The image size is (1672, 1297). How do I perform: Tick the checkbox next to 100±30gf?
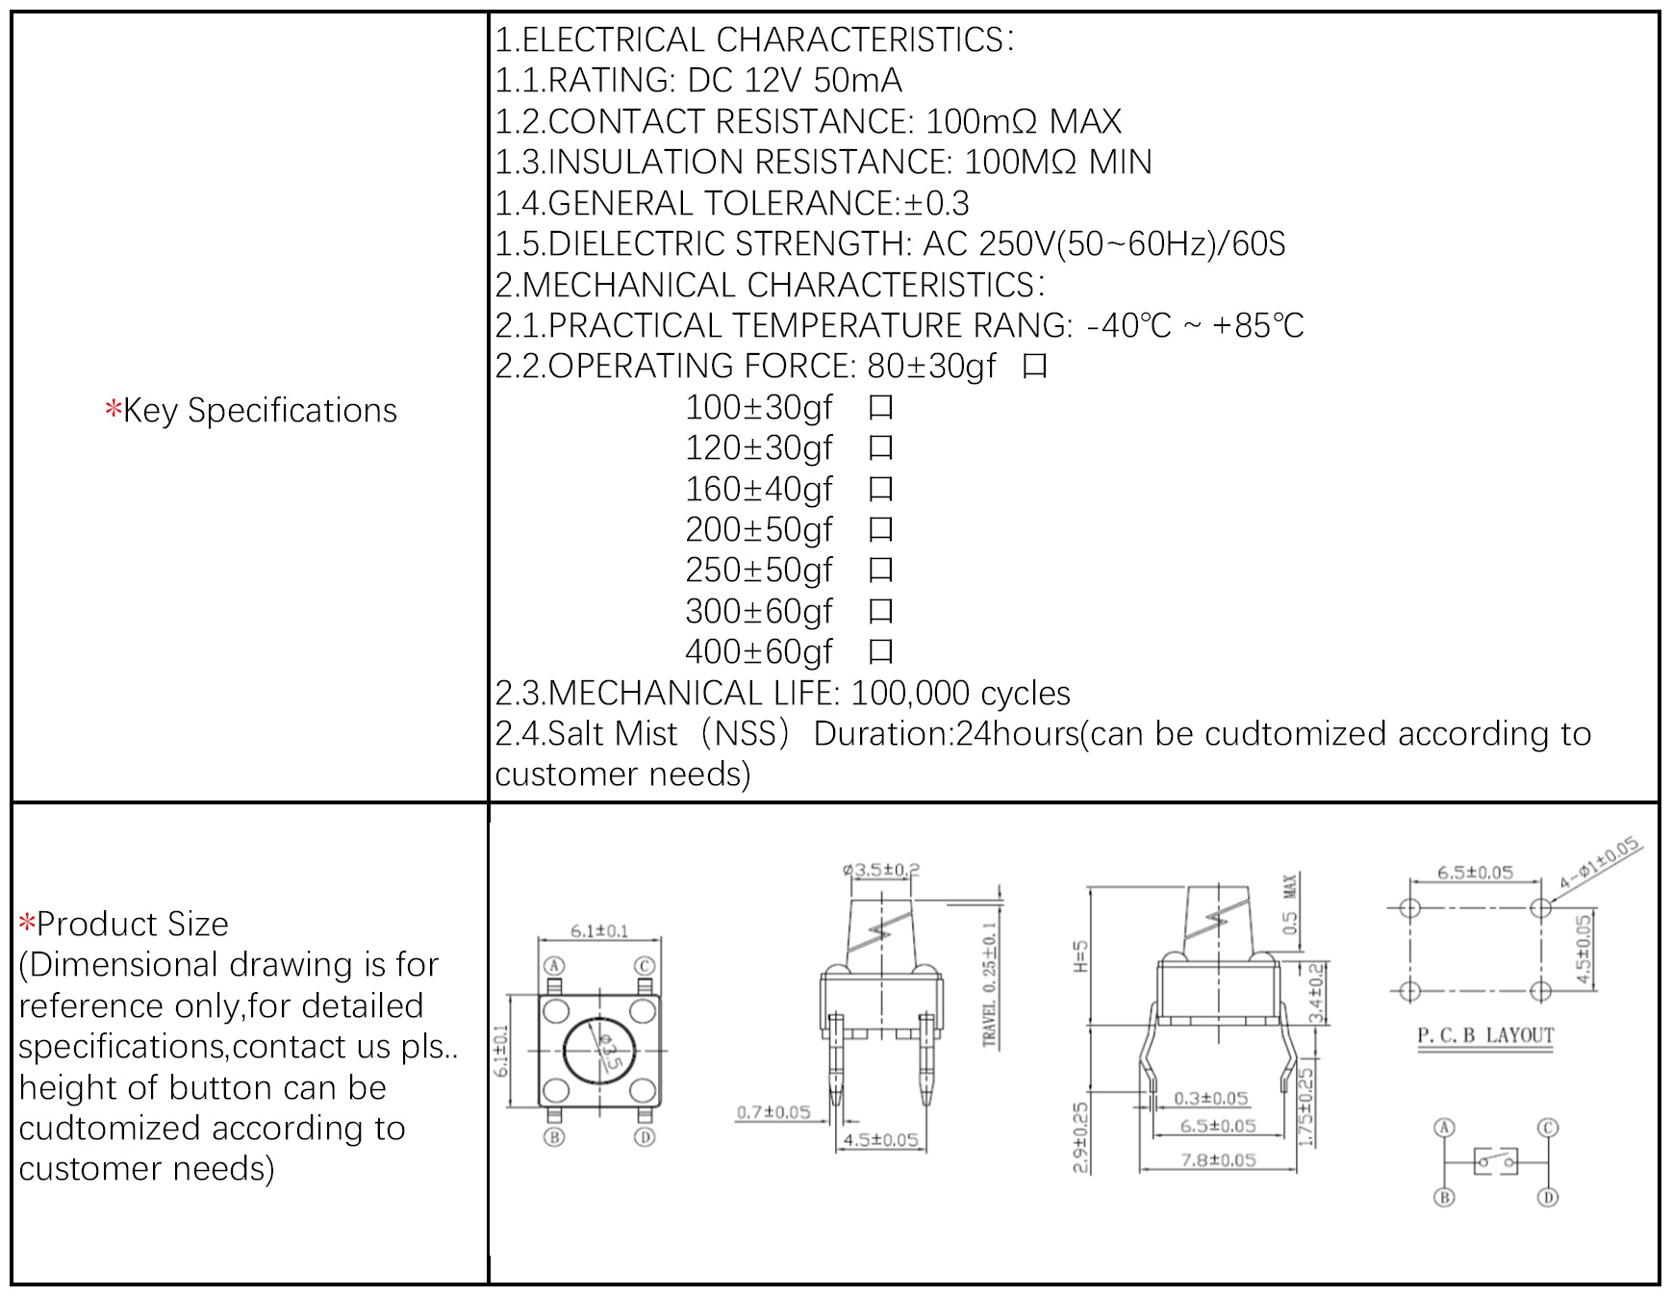click(880, 408)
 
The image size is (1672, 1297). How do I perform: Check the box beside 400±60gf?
click(880, 652)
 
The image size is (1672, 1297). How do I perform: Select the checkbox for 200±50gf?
click(880, 530)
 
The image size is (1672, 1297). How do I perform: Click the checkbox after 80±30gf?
click(1034, 367)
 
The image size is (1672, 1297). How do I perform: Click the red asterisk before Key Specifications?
click(114, 410)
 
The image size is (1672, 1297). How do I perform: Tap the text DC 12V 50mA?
click(795, 81)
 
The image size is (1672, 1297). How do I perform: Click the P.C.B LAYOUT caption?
click(1485, 1035)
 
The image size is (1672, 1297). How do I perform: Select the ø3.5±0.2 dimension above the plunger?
click(881, 870)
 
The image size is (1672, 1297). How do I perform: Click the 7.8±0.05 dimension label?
click(1218, 1159)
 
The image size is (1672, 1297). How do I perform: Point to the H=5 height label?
click(1080, 956)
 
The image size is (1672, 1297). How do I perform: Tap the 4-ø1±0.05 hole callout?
click(1599, 863)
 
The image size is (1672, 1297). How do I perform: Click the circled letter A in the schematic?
click(1444, 1128)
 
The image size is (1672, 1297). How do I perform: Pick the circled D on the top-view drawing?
click(645, 1137)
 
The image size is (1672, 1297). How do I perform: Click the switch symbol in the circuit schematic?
click(1496, 1161)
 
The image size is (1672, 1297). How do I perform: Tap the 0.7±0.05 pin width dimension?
click(773, 1112)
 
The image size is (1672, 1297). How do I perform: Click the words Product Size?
click(133, 924)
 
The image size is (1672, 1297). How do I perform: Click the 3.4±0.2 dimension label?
click(1315, 993)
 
